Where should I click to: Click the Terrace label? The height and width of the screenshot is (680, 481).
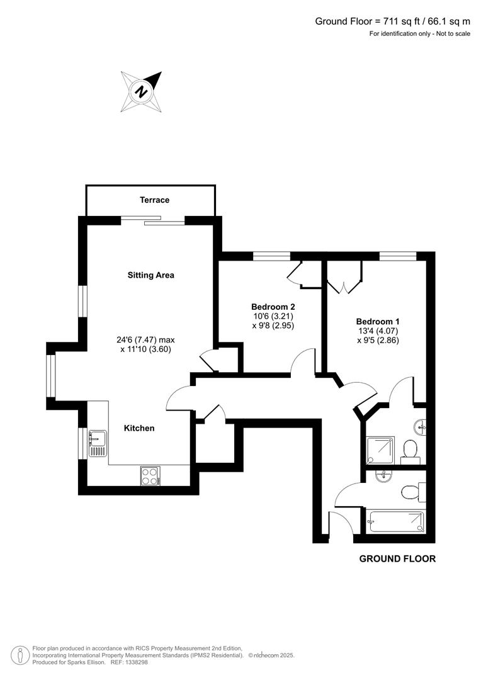click(154, 200)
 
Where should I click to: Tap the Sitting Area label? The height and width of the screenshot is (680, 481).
click(150, 275)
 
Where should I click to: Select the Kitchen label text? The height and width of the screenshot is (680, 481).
click(139, 428)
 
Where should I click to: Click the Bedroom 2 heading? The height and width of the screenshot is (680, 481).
click(269, 306)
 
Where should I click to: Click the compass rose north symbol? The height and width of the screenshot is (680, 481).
click(142, 91)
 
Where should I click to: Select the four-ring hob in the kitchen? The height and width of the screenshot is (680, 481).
click(150, 475)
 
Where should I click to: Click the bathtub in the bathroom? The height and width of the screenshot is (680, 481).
click(396, 522)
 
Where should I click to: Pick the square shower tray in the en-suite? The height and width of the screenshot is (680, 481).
click(380, 450)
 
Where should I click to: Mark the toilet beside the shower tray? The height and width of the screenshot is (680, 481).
click(410, 450)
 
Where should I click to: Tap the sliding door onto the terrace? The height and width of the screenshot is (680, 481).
click(152, 220)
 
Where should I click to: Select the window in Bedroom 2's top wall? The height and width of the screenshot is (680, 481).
click(272, 256)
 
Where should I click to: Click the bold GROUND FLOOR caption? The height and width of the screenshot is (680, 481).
click(397, 558)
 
